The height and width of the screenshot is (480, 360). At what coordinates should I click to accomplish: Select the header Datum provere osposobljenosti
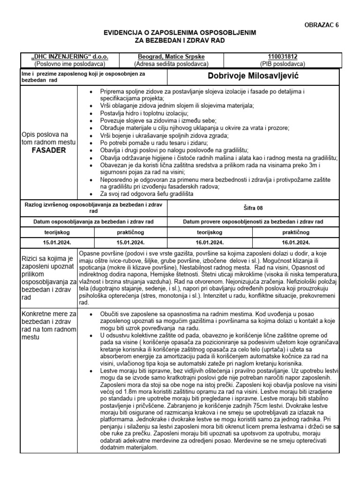coord(252,221)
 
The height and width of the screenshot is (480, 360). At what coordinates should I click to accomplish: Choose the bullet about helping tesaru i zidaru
coord(155,142)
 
